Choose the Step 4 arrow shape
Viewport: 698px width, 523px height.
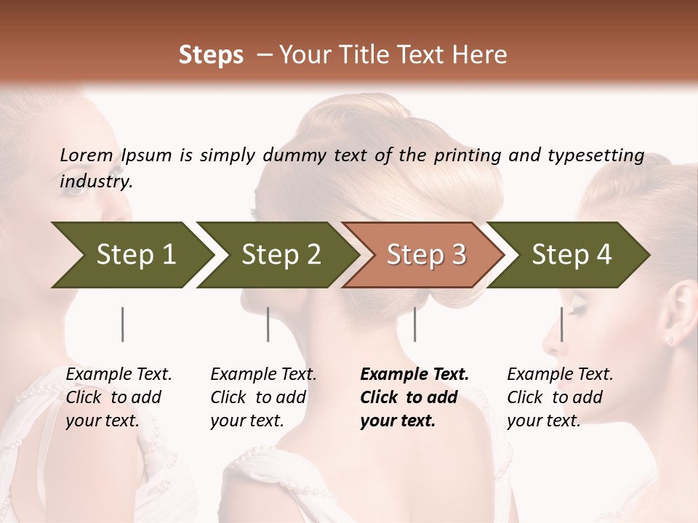click(x=570, y=255)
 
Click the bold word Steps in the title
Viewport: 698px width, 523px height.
click(x=211, y=55)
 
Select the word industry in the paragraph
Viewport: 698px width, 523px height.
click(x=95, y=182)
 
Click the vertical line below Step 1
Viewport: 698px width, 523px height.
click(x=123, y=324)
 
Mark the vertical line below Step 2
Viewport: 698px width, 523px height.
click(x=268, y=324)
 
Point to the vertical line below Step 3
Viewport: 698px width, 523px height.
click(x=415, y=324)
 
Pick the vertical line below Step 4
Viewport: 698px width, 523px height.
click(x=561, y=324)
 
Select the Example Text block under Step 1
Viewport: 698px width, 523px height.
click(x=118, y=397)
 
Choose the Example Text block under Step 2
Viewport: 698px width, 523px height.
click(x=262, y=397)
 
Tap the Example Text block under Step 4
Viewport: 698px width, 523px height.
click(x=559, y=397)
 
